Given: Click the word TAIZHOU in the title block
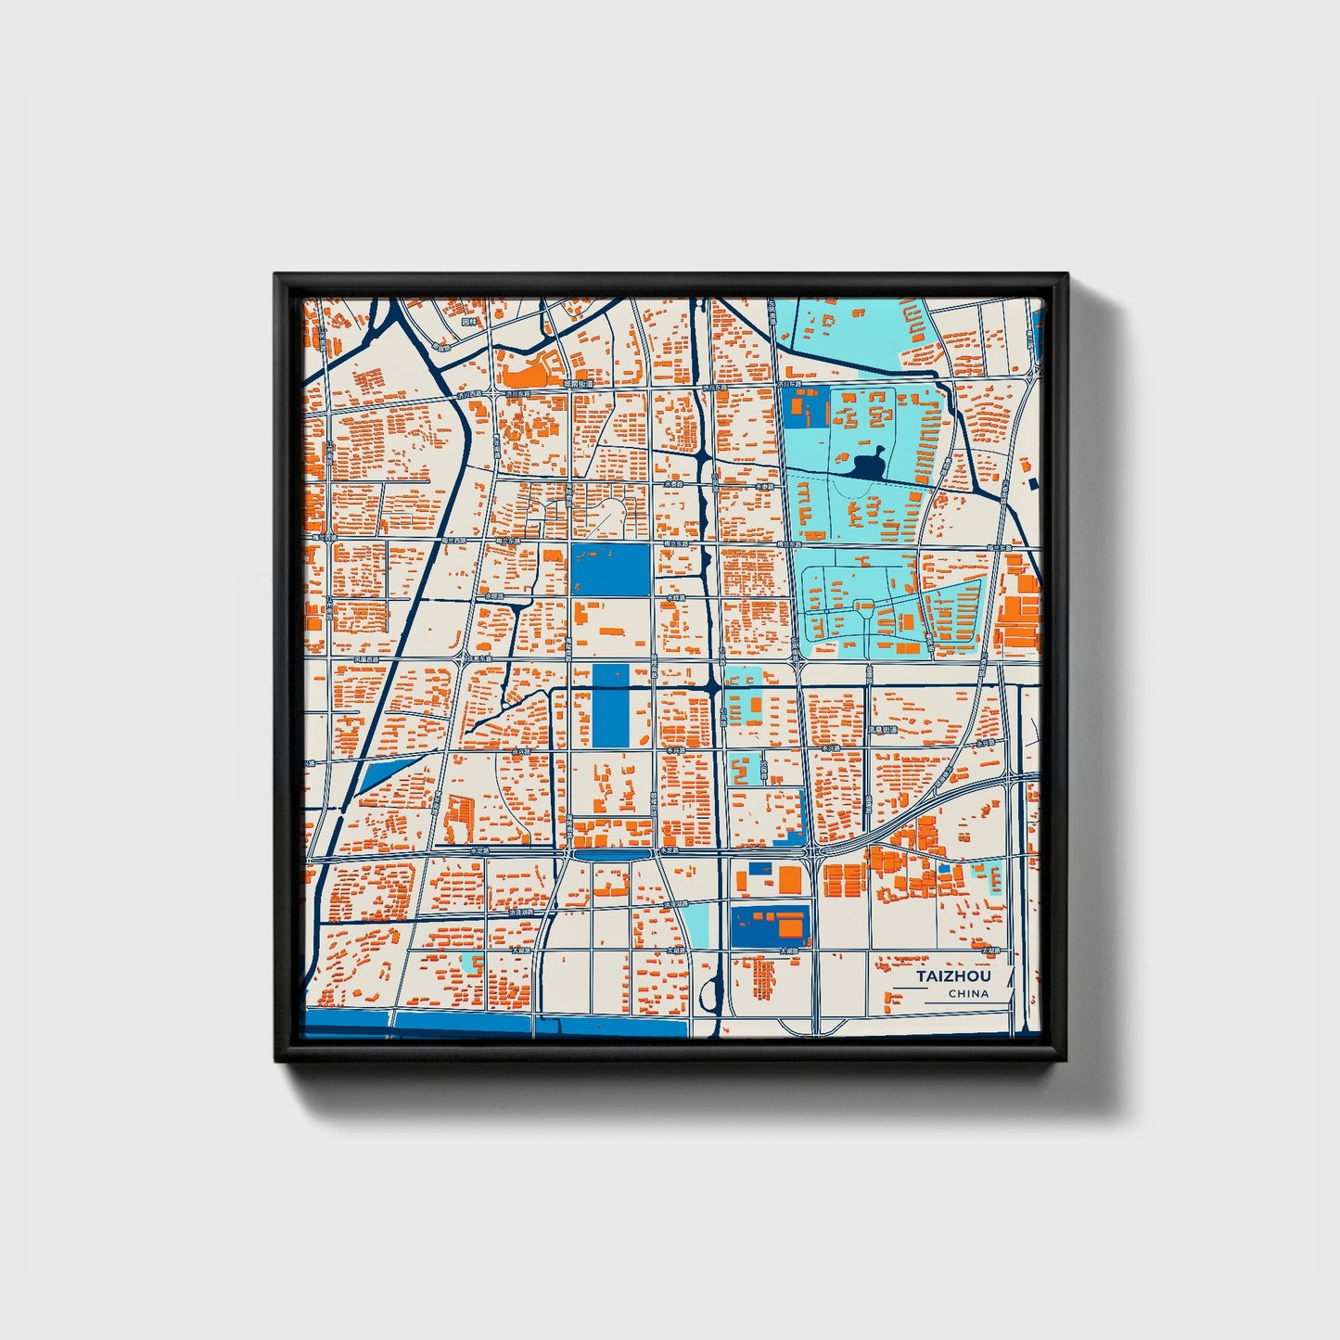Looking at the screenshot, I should pos(953,976).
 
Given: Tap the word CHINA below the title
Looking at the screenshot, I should pos(968,993).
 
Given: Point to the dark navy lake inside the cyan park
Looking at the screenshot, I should pos(869,464).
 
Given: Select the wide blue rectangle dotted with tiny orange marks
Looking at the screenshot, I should pos(611,569).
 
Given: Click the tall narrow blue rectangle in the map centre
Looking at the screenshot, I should pos(608,706).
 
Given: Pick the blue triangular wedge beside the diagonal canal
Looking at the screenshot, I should pos(384,772).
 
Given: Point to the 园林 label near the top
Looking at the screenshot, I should pos(469,322).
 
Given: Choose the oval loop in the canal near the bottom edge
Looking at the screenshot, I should pos(711,997).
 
